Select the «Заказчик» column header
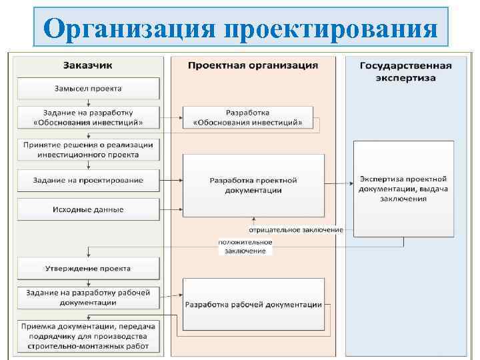click(x=88, y=65)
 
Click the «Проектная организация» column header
click(x=253, y=65)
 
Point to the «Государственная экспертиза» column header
click(x=405, y=71)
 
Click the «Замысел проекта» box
click(x=88, y=89)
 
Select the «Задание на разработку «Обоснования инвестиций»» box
click(x=88, y=117)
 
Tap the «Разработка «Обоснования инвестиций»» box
click(x=247, y=117)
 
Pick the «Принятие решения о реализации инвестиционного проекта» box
click(x=88, y=149)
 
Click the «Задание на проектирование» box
click(x=88, y=180)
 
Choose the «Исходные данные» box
click(x=88, y=209)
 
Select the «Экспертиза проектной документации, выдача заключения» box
click(x=403, y=188)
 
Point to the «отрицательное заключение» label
click(x=296, y=230)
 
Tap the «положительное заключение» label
click(x=245, y=246)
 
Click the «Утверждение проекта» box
click(x=88, y=269)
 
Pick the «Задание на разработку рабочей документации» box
click(x=88, y=297)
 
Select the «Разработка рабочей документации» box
click(x=253, y=305)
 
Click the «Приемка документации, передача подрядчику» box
click(x=88, y=337)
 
